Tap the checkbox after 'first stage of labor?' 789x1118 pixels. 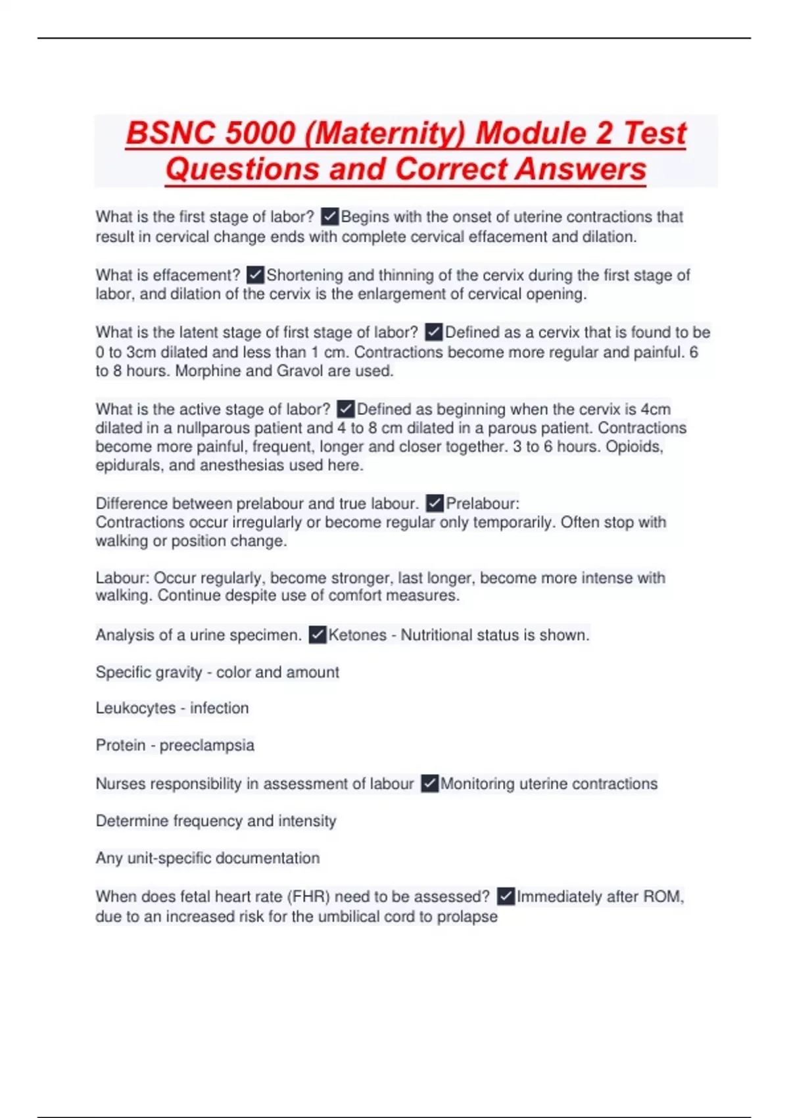tap(329, 216)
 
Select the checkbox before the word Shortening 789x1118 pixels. tap(255, 274)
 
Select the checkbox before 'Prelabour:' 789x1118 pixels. tap(435, 504)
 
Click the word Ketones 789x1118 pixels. tap(357, 635)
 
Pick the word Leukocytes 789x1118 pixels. tap(135, 708)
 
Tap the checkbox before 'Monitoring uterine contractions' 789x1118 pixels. tap(429, 784)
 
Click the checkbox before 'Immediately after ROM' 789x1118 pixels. tap(506, 896)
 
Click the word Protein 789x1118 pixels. tap(120, 746)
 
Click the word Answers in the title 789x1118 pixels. tap(581, 169)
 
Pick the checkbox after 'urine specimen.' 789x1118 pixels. tap(318, 635)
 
